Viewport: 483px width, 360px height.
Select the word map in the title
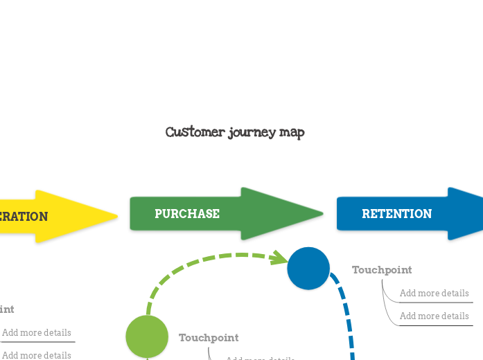(292, 132)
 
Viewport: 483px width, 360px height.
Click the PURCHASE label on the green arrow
(187, 214)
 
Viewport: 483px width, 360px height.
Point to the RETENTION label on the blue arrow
(397, 214)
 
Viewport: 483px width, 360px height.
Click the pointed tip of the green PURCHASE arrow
(322, 213)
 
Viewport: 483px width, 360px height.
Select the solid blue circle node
(308, 269)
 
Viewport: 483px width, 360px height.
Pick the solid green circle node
(147, 336)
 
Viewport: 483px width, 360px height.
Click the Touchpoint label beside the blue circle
(382, 270)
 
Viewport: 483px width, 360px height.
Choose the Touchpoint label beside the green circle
(209, 338)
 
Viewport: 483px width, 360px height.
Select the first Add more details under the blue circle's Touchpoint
(434, 294)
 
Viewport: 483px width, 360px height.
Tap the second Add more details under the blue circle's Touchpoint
(434, 316)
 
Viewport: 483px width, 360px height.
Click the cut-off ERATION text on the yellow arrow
(24, 217)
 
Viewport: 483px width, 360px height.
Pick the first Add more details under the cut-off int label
(37, 333)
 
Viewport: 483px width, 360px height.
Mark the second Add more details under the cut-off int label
(37, 355)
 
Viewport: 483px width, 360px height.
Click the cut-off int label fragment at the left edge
(7, 309)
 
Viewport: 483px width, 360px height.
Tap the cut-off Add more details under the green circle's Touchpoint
(261, 358)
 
